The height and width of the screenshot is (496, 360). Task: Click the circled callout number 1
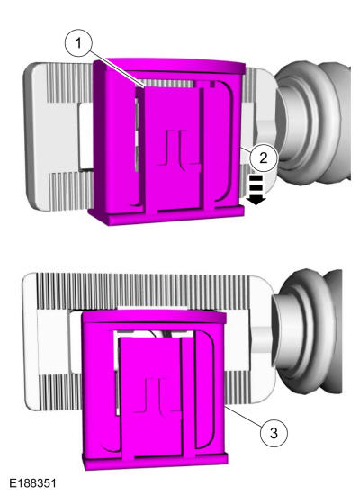[x=78, y=43]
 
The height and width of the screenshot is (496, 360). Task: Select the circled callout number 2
[x=263, y=158]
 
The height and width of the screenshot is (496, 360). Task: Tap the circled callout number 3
[x=274, y=432]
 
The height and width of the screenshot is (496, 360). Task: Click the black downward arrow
[x=256, y=189]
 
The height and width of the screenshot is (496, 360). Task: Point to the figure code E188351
[x=32, y=483]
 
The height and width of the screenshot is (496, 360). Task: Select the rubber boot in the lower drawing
[x=309, y=331]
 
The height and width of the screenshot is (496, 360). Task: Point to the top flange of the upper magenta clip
[x=175, y=65]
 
